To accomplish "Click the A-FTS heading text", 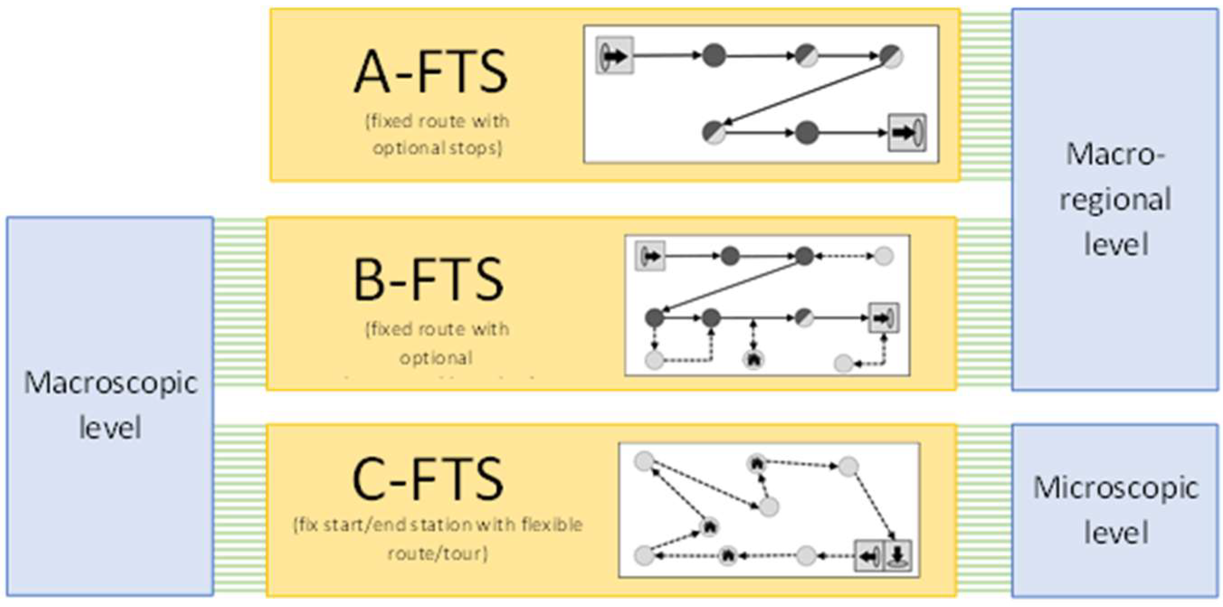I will pos(431,73).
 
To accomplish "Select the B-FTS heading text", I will pos(428,280).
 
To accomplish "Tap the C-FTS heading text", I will pos(428,480).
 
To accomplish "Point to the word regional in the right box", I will pos(1115,200).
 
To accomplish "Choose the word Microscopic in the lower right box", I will pos(1116,488).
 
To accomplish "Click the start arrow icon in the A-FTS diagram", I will pos(614,56).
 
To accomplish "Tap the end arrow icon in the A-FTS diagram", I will pos(907,133).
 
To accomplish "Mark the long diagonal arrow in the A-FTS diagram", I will pos(802,94).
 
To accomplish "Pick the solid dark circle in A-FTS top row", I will pos(714,56).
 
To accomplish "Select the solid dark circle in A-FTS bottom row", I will pos(806,133).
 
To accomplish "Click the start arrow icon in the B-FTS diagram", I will pos(650,256).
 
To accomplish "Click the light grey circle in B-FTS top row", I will pos(883,256).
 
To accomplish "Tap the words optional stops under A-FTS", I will pos(437,149).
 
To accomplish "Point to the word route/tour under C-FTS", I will pos(437,554).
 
